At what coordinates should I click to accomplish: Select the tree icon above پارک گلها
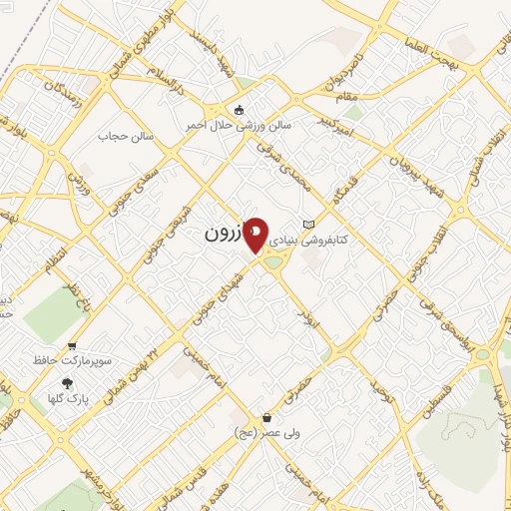(x=68, y=383)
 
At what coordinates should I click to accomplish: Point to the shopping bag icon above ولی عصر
(x=266, y=417)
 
